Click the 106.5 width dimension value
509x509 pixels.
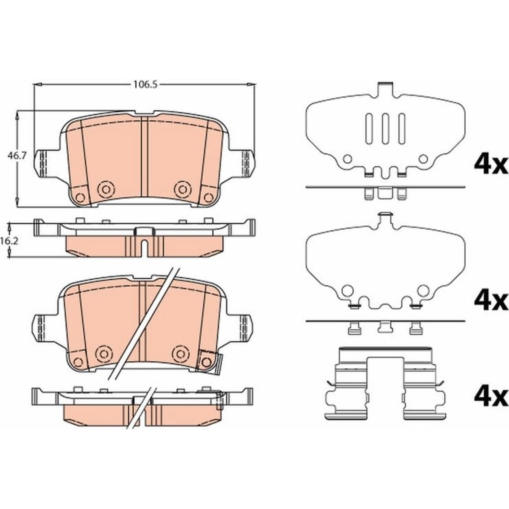(145, 85)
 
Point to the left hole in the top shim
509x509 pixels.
(347, 159)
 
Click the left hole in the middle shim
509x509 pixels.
(347, 290)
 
